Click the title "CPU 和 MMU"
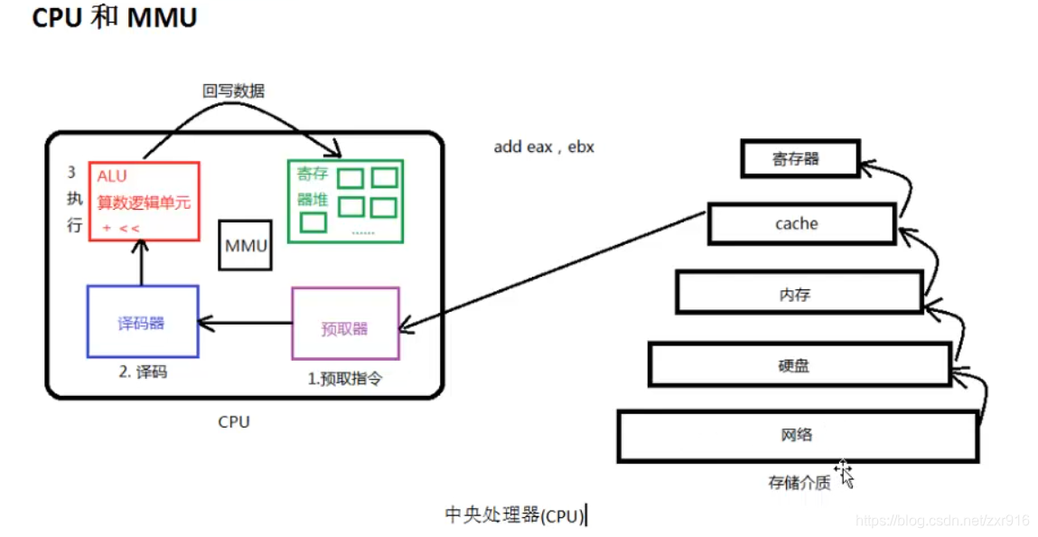point(114,18)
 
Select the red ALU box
point(144,202)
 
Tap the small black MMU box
point(245,245)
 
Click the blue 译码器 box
point(142,322)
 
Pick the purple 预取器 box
point(345,324)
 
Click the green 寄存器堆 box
point(345,201)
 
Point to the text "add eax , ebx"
point(544,146)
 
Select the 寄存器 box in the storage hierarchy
point(796,159)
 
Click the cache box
point(797,223)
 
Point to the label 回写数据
point(233,90)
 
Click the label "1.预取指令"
point(345,379)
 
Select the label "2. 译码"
point(143,372)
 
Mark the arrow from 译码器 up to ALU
point(141,263)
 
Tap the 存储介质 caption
point(799,483)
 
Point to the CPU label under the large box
point(234,421)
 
